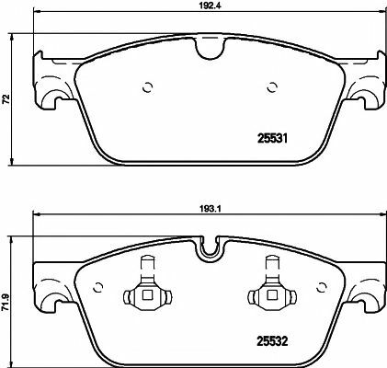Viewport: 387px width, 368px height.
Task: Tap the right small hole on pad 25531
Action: coord(271,89)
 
